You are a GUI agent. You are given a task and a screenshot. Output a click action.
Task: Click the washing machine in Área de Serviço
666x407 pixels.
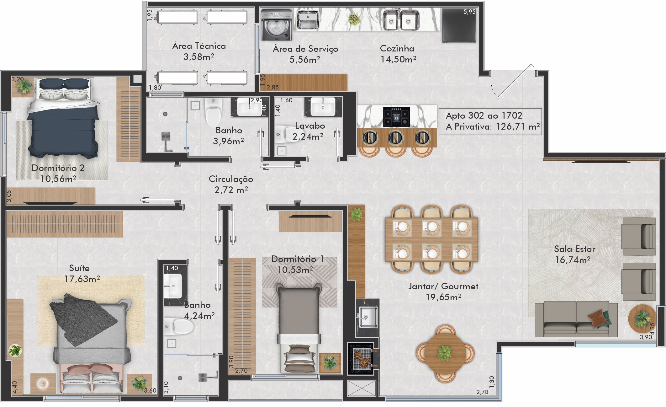point(277,25)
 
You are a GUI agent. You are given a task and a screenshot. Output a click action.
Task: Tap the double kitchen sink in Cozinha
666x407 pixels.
point(401,20)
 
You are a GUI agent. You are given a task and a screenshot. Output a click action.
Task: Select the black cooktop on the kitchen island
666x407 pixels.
point(396,117)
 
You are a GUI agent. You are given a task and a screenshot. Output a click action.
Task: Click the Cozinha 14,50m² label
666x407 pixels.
point(398,54)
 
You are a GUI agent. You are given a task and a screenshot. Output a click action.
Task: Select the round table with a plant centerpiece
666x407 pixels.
point(445,353)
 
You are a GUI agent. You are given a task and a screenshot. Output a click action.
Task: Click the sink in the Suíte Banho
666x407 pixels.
point(173,286)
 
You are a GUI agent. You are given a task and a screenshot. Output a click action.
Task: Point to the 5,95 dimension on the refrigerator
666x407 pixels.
point(469,12)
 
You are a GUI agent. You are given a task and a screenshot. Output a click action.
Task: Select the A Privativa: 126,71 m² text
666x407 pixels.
point(493,127)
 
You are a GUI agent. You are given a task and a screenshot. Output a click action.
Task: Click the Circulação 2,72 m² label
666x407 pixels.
point(231,184)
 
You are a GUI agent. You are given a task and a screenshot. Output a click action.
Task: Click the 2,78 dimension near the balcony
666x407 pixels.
point(482,392)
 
